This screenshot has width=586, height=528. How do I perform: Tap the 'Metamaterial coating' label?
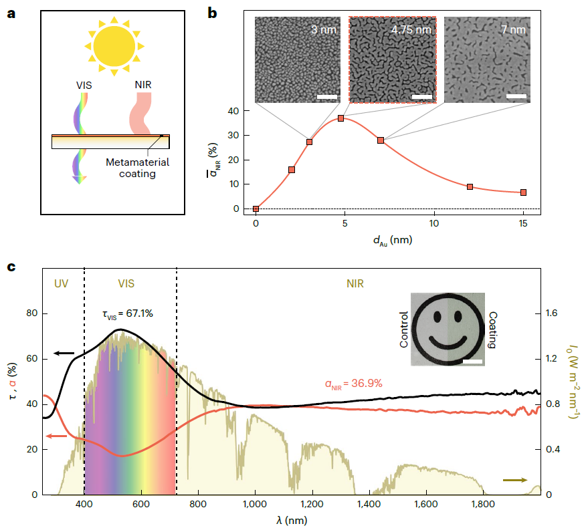point(138,168)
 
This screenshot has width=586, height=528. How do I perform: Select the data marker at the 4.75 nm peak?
point(341,118)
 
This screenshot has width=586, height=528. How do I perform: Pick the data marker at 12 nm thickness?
point(470,187)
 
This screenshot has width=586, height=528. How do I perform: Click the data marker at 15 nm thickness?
point(523,192)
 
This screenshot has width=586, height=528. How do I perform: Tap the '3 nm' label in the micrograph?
point(324,30)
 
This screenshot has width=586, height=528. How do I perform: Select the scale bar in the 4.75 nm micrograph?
point(421,97)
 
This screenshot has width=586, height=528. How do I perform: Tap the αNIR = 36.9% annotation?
point(353,384)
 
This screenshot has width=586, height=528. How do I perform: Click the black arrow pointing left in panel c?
point(65,352)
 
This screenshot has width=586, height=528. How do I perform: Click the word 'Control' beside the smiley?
point(403,329)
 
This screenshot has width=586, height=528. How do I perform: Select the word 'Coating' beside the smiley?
point(492,330)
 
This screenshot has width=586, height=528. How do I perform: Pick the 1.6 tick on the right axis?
point(554,314)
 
